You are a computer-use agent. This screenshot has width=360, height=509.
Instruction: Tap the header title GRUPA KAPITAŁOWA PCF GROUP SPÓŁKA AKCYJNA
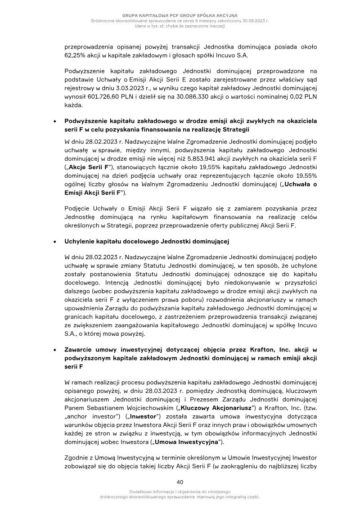pos(180,16)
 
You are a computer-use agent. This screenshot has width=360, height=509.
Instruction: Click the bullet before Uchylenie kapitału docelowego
pos(54,242)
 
